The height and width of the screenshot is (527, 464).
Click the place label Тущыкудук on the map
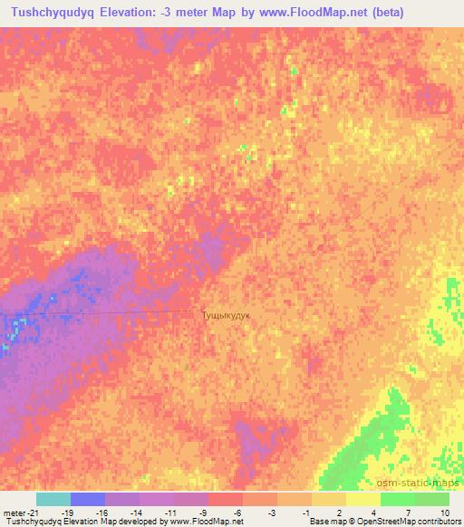coord(226,314)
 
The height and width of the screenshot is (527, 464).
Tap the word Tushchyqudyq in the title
coord(53,13)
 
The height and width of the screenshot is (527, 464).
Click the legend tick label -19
coord(66,513)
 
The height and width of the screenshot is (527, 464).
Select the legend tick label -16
coord(101,513)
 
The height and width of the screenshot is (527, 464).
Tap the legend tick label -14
coord(136,513)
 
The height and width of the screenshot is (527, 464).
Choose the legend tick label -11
coord(170,513)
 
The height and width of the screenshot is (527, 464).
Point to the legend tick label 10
coord(443,513)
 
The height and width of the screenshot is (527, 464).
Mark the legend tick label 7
coord(409,513)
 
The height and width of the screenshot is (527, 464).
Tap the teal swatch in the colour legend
coord(53,499)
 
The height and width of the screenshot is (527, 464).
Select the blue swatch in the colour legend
coord(87,499)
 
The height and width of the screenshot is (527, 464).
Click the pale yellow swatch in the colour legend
coord(363,499)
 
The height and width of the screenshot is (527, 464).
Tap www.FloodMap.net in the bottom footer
coord(200,522)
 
